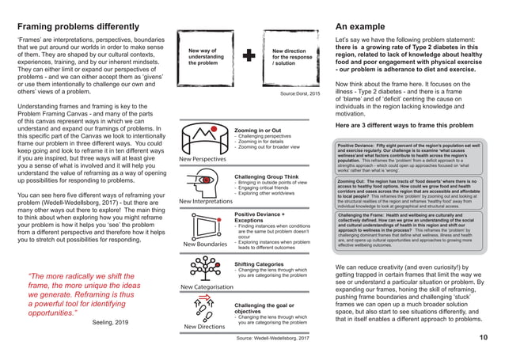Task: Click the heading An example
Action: [x=364, y=27]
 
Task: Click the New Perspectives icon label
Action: [x=202, y=159]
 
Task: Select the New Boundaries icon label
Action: [x=205, y=244]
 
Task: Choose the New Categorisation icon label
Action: [x=207, y=286]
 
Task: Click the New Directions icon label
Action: [x=204, y=326]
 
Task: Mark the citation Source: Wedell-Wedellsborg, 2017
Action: [x=273, y=338]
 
